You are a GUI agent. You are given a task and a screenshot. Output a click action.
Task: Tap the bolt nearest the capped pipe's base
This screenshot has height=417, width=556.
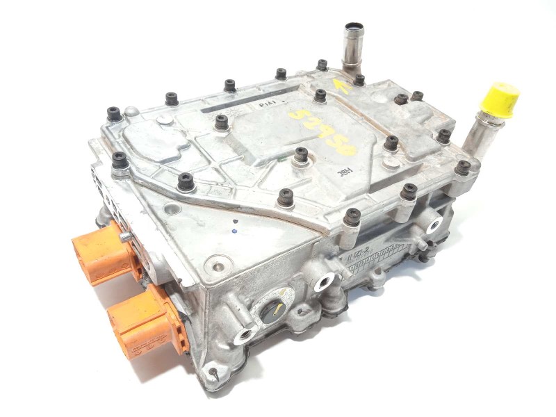[x=462, y=167]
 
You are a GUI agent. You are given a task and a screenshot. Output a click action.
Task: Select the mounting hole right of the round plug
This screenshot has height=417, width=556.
[x=324, y=282]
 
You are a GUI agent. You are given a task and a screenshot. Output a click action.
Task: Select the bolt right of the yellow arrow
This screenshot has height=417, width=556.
[x=359, y=79]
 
